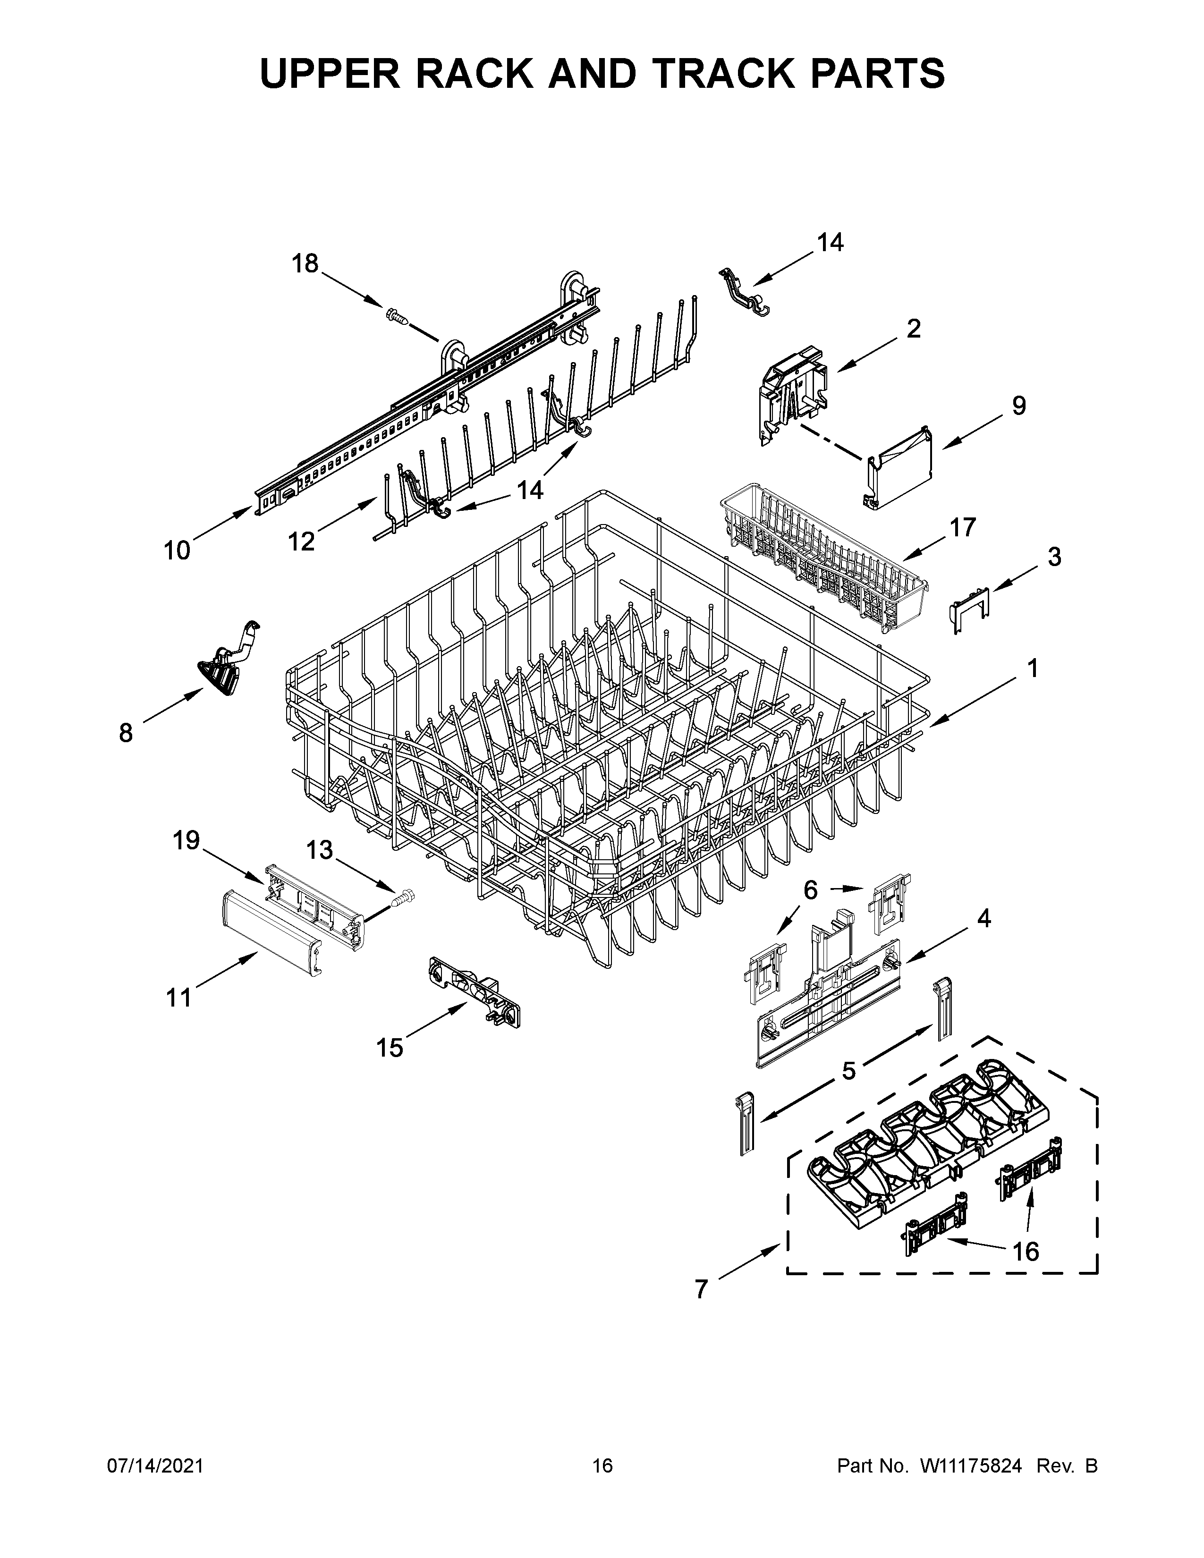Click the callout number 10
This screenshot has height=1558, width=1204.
click(177, 550)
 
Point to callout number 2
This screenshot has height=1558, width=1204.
click(913, 329)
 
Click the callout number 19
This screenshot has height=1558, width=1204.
click(186, 840)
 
